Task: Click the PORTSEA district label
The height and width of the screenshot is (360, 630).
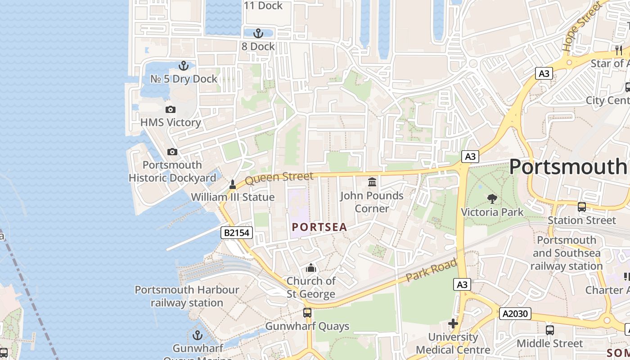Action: coord(319,227)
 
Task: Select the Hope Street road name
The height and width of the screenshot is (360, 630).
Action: coord(581,26)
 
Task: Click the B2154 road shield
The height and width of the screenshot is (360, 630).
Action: coord(237,233)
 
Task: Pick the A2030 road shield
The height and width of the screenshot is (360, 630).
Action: coord(515,314)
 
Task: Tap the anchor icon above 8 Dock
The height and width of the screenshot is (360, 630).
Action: coord(258,33)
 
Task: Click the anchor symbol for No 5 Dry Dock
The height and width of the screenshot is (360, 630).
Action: coord(183,66)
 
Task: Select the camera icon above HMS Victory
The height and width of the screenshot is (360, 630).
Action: coord(170,109)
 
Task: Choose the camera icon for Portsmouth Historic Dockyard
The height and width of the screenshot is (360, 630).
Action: coord(172,152)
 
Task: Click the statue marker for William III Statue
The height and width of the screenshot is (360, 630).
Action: coord(233,184)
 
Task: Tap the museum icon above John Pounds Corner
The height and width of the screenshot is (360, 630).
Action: coord(372,182)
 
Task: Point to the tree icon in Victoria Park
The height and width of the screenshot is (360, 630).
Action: coord(492,198)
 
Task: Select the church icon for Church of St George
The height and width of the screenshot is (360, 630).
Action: coord(311,268)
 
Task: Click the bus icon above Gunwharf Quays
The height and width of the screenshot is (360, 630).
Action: coord(307,312)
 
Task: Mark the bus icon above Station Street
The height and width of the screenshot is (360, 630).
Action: coord(582,207)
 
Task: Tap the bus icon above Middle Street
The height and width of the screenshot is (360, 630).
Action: coord(549,330)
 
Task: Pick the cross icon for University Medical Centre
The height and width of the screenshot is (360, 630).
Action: coord(453,324)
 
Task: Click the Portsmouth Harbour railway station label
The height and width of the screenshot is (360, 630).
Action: coord(187,296)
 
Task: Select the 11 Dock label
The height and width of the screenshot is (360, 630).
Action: coord(263,5)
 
